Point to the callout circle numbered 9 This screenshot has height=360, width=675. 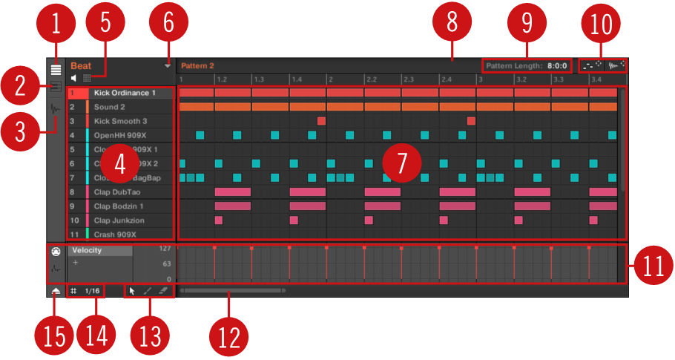(x=527, y=24)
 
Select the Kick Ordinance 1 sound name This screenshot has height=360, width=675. (x=125, y=93)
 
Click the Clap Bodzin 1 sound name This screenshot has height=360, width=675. (x=119, y=206)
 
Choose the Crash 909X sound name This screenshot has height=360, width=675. (x=115, y=234)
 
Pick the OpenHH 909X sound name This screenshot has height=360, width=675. (x=121, y=135)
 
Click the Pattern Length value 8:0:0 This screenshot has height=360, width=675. (x=558, y=65)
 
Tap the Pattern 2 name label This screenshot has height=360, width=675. (x=197, y=65)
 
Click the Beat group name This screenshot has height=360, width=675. (x=81, y=65)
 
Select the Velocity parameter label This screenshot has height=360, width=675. (x=87, y=250)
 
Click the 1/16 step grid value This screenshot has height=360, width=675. (x=92, y=291)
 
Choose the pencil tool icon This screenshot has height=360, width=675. (x=148, y=291)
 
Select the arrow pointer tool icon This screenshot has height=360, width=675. (x=132, y=291)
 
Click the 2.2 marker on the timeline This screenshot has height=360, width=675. (x=372, y=79)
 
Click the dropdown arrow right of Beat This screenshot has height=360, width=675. (x=168, y=66)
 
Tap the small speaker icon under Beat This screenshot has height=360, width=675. (x=74, y=77)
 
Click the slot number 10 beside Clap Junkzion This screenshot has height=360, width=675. (x=74, y=220)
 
